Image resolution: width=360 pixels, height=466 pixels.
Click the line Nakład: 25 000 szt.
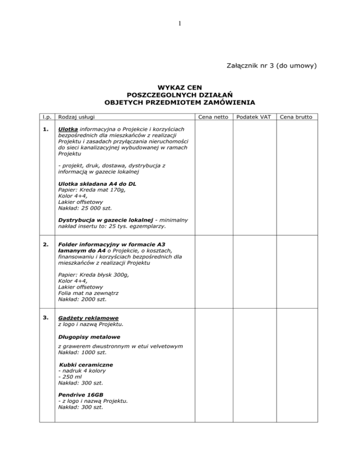pyautogui.click(x=85, y=209)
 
